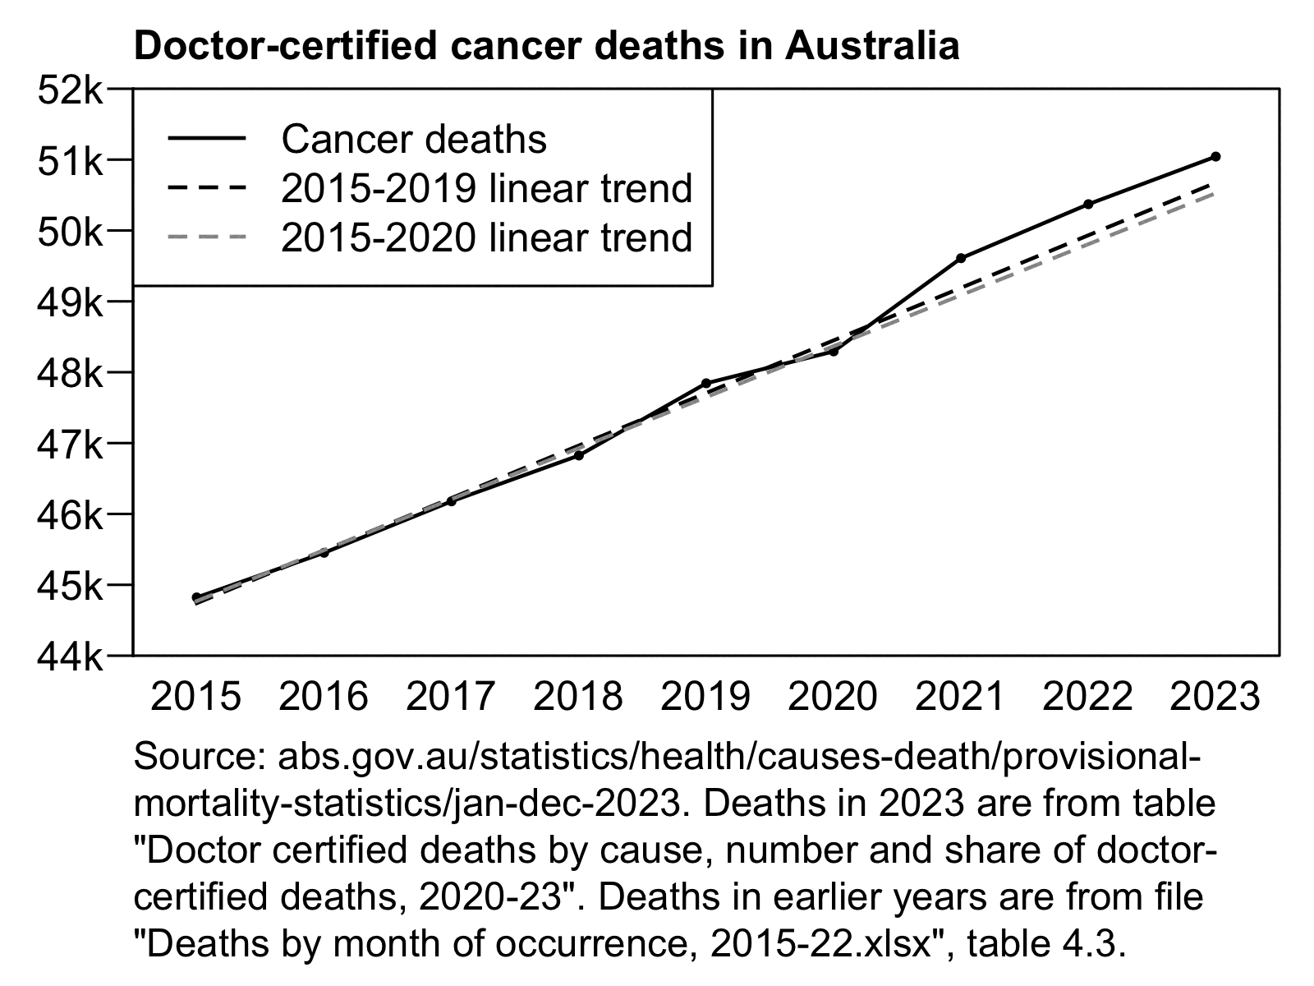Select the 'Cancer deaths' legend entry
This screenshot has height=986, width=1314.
pos(414,139)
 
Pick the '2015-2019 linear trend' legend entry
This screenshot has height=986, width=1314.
pos(487,188)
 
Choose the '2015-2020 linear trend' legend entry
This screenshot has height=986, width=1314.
pos(487,237)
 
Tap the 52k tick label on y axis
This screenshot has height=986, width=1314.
pos(70,89)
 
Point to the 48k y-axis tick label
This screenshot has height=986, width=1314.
pos(70,373)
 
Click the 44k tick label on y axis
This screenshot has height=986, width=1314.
pos(70,657)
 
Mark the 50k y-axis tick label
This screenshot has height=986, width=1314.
pos(70,231)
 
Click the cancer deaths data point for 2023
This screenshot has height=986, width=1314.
pos(1215,156)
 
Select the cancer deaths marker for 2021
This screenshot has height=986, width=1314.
pos(961,258)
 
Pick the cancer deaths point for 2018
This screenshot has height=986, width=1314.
pos(579,455)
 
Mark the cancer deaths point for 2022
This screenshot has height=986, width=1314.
pos(1088,204)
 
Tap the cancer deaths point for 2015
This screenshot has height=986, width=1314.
pos(196,597)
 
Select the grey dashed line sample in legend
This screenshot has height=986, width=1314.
pos(207,237)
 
